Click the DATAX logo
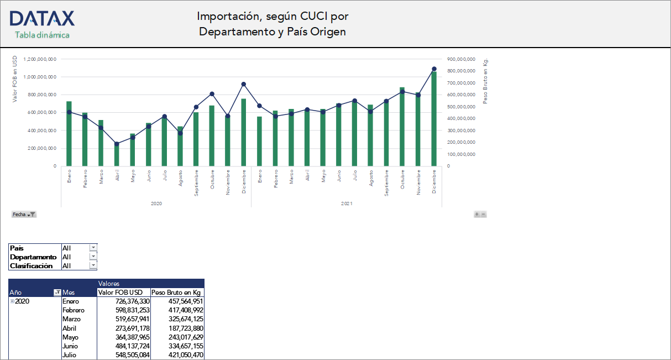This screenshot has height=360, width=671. point(42,19)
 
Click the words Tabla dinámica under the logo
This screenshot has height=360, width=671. point(42,35)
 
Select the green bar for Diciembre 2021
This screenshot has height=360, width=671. point(434,118)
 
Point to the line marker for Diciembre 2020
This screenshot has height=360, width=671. point(243,84)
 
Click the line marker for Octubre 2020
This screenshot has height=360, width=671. point(212,94)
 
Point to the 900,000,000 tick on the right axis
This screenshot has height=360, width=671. point(462,59)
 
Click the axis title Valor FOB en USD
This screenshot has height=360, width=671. point(15,79)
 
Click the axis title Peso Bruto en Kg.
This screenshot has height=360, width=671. point(486,81)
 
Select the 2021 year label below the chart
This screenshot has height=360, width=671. point(346,204)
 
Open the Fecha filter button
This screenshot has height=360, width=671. point(24,215)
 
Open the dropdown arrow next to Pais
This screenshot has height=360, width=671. point(93,248)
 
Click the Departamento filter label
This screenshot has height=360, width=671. point(33,257)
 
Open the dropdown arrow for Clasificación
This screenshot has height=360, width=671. point(93,266)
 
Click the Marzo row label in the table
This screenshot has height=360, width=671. point(72,319)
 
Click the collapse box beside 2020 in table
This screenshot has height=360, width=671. point(12,301)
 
